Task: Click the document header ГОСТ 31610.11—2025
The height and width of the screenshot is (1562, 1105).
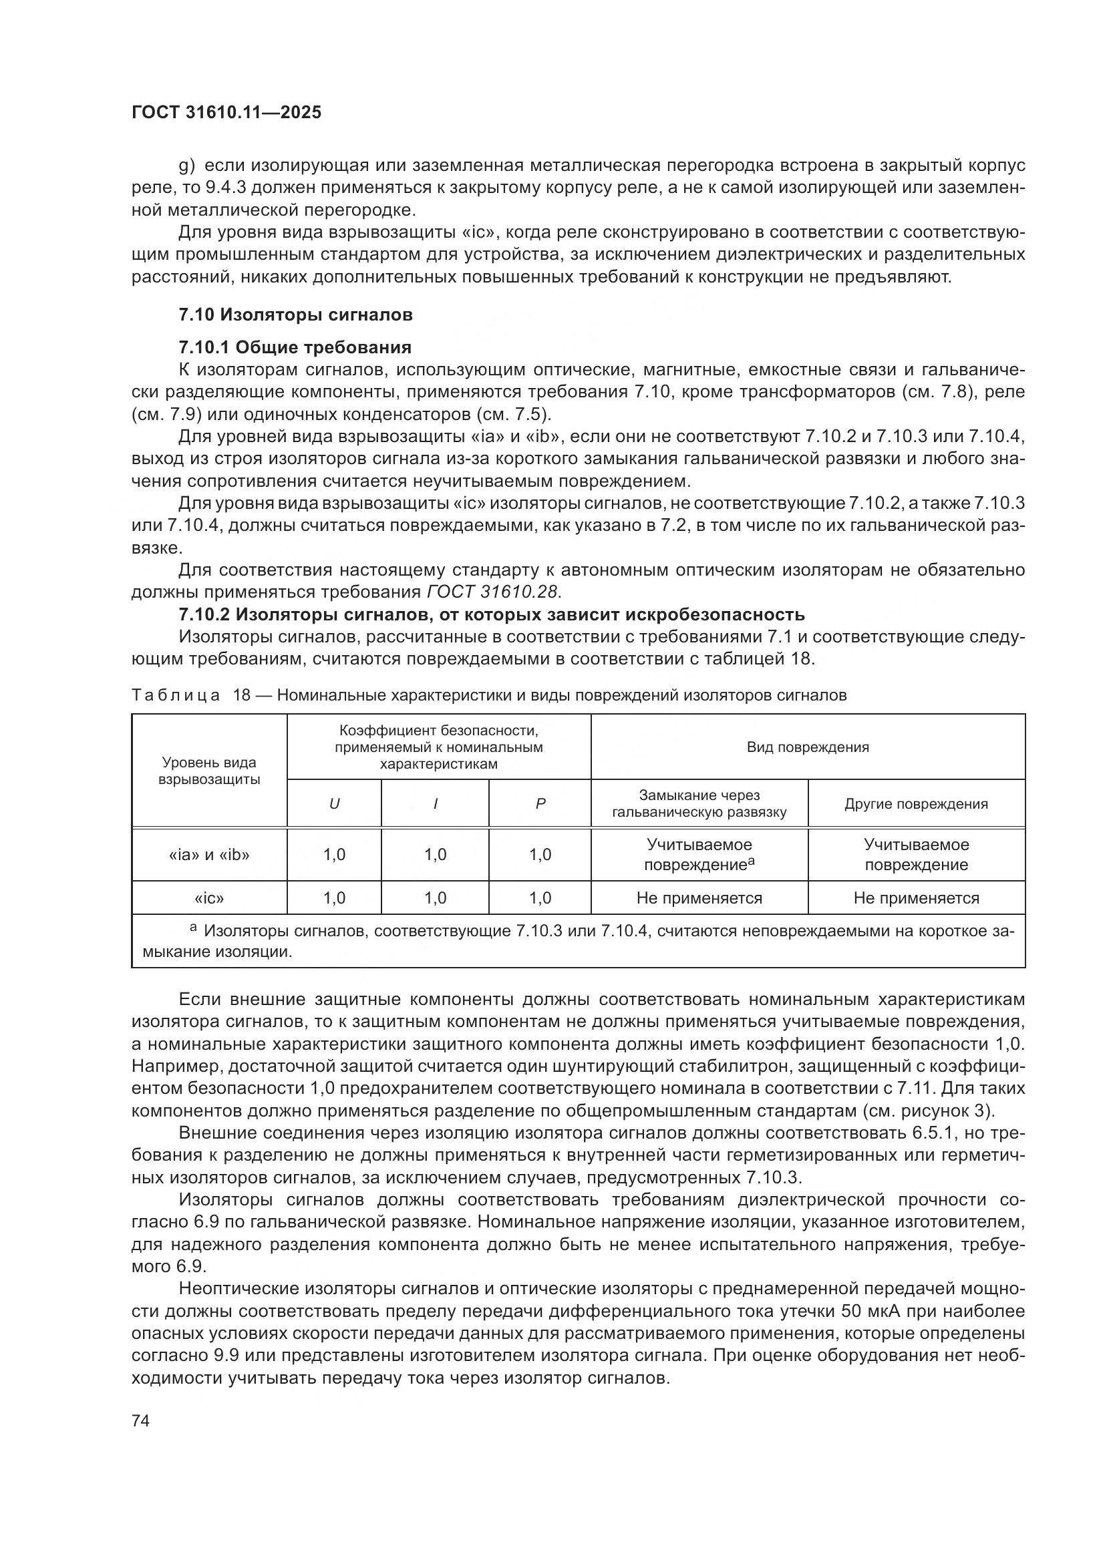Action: pos(226,112)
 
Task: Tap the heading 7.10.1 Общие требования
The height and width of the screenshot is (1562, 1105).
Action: pos(295,348)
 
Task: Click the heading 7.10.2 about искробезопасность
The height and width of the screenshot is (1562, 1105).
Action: pos(491,614)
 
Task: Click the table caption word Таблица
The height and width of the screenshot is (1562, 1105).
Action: pos(176,695)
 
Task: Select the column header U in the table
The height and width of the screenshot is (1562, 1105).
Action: pos(334,803)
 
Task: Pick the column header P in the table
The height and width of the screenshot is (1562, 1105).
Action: pos(540,803)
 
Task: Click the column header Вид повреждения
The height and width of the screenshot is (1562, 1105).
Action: pos(808,747)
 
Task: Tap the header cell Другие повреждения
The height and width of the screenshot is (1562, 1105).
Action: pos(916,803)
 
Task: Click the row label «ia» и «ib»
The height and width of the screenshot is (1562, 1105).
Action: pos(209,855)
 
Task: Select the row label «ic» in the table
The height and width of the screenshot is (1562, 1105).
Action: pos(209,898)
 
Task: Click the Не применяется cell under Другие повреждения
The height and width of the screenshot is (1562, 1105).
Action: pos(916,898)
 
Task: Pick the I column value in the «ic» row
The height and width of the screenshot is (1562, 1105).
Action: pos(435,898)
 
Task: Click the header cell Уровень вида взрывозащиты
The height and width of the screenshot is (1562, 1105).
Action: pos(209,771)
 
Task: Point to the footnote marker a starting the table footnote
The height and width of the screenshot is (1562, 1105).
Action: pos(193,928)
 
